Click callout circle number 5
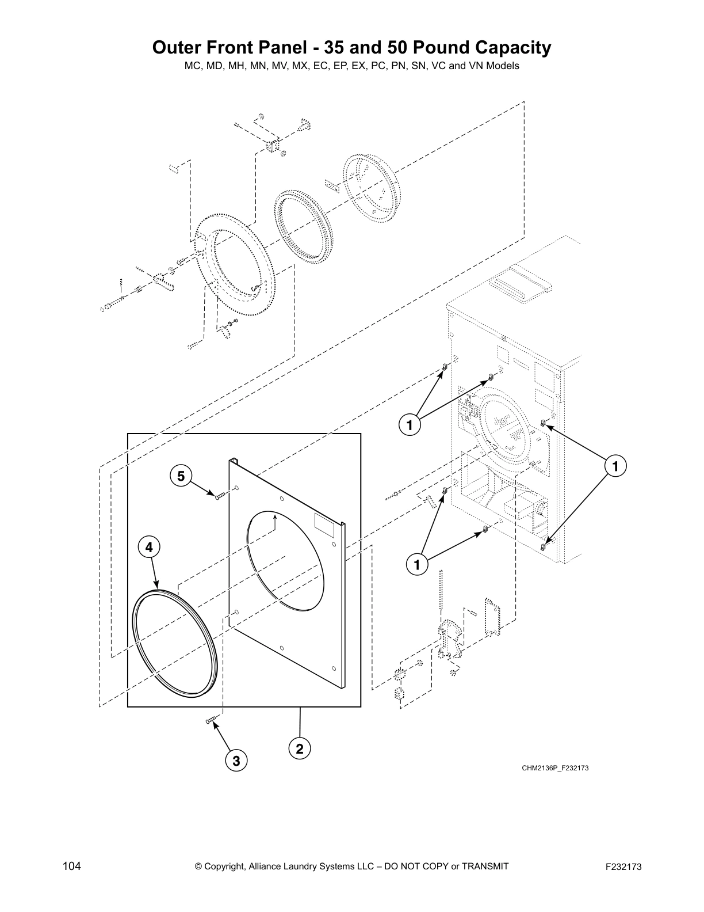[x=181, y=476]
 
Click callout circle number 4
[x=149, y=548]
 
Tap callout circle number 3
[x=235, y=761]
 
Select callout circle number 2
[x=300, y=749]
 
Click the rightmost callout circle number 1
[x=616, y=465]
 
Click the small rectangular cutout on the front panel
[x=326, y=523]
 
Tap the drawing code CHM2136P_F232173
[x=554, y=768]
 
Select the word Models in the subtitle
[x=503, y=66]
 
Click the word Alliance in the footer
[x=268, y=867]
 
